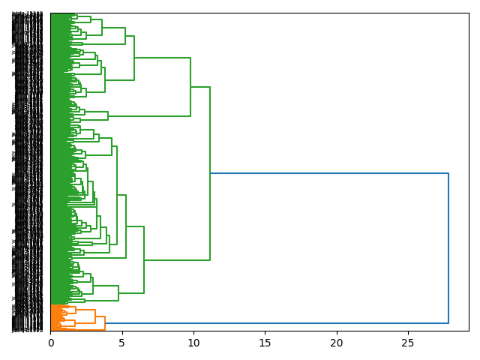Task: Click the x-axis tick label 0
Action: pyautogui.click(x=51, y=343)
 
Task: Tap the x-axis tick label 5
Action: pyautogui.click(x=122, y=343)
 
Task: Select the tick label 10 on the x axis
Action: pyautogui.click(x=193, y=343)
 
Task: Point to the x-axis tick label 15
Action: pyautogui.click(x=265, y=343)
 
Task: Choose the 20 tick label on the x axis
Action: pyautogui.click(x=337, y=343)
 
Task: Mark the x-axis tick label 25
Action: pyautogui.click(x=408, y=343)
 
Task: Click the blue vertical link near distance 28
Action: pyautogui.click(x=448, y=248)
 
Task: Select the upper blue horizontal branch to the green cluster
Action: pyautogui.click(x=330, y=173)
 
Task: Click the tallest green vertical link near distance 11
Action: pyautogui.click(x=210, y=173)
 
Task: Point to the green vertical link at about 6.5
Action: pyautogui.click(x=144, y=259)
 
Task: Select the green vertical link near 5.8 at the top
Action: pyautogui.click(x=134, y=58)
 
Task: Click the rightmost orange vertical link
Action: pyautogui.click(x=105, y=323)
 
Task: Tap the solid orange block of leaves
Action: pyautogui.click(x=56, y=316)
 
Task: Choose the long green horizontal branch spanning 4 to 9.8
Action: pyautogui.click(x=150, y=116)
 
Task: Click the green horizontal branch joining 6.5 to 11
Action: pyautogui.click(x=177, y=260)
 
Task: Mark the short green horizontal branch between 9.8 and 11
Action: pyautogui.click(x=200, y=87)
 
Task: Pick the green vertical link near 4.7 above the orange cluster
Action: pyautogui.click(x=118, y=292)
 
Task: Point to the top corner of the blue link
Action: pyautogui.click(x=448, y=173)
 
